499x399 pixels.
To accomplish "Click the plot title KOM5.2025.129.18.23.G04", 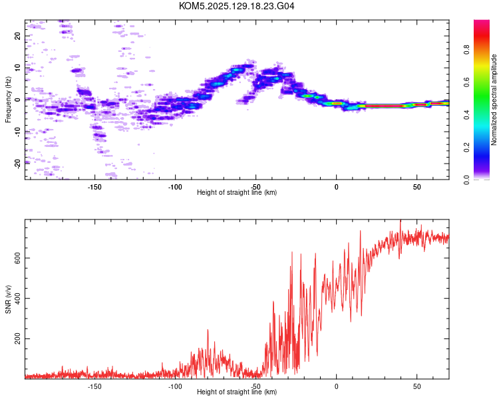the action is click(x=236, y=6).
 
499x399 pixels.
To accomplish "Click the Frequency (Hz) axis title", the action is click(x=8, y=100).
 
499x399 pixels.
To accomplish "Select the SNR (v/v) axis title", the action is click(x=8, y=299).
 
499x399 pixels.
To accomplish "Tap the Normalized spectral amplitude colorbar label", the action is click(x=494, y=100).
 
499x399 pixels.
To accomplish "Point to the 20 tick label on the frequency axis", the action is click(x=17, y=36).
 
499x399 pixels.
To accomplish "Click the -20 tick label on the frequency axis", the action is click(x=17, y=164).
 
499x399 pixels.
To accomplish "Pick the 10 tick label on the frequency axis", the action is click(x=17, y=68).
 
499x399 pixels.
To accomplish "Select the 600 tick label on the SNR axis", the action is click(x=17, y=258).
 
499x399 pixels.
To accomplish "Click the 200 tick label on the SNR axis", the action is click(x=17, y=339).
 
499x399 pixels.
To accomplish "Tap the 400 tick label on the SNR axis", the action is click(x=17, y=299).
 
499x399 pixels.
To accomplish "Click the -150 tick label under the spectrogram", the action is click(x=94, y=187).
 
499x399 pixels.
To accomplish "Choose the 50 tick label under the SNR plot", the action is click(x=417, y=386).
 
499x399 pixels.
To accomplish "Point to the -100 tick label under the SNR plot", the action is click(x=175, y=386).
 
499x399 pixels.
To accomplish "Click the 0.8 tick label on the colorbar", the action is click(x=466, y=50).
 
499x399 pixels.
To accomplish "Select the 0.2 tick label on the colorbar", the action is click(x=466, y=148).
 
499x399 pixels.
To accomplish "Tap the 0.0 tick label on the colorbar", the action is click(x=466, y=180).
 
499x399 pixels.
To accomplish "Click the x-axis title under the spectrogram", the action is click(x=237, y=192).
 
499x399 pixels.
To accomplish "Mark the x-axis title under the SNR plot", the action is click(x=237, y=392).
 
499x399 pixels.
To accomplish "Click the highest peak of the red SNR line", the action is click(x=401, y=220).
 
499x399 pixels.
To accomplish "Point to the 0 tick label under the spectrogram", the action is click(x=337, y=187).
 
